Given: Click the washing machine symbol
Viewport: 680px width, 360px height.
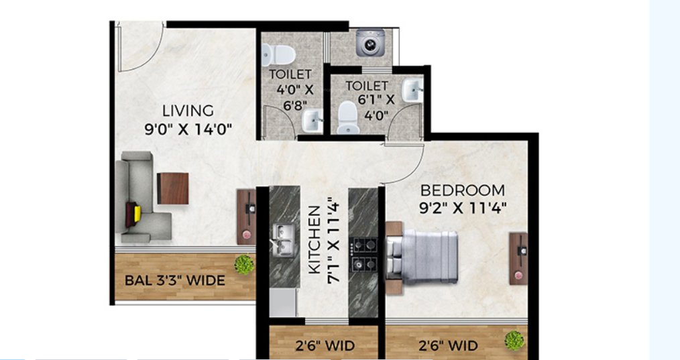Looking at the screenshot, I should point(367,44).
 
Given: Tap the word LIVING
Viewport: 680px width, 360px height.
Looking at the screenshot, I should point(188,111).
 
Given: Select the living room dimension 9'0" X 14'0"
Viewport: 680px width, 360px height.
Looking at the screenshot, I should point(188,129).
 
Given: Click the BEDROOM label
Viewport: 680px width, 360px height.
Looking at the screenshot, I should point(462,190).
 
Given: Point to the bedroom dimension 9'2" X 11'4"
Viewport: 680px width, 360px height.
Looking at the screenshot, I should point(462,208).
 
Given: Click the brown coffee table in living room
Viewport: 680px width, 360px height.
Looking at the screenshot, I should point(173,188).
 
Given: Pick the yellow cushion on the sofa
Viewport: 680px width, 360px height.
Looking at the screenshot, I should point(137,214).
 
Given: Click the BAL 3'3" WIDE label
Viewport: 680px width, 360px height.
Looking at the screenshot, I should point(175,280).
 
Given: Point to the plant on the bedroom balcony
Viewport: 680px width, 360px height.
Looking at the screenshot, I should point(514,340).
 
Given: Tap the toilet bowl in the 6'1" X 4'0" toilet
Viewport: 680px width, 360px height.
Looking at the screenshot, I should point(346,118).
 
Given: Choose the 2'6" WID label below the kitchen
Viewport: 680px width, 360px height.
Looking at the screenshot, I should point(325,346).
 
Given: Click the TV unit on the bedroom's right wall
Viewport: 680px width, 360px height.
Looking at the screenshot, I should point(518,258).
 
